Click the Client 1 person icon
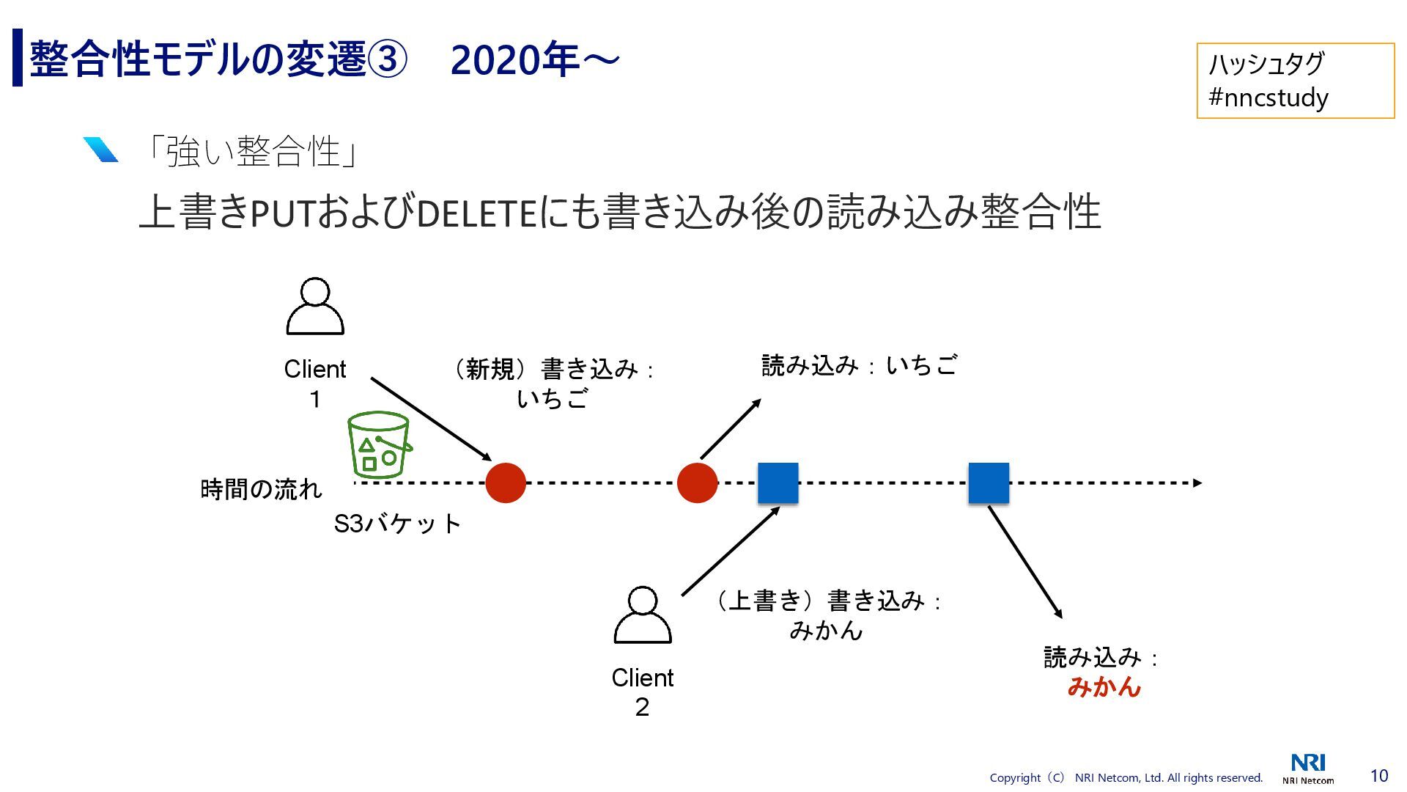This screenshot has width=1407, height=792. [x=315, y=307]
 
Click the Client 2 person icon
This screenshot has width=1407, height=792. [x=642, y=615]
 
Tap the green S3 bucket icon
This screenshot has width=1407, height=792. [x=378, y=444]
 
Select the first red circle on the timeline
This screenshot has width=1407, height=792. [x=506, y=483]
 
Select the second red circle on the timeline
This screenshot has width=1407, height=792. [x=697, y=483]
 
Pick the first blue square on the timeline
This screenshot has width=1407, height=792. [x=778, y=483]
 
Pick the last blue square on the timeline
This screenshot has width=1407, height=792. [x=989, y=483]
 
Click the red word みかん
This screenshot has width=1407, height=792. [x=1104, y=686]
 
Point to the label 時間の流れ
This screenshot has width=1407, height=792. [x=261, y=489]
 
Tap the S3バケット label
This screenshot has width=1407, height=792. [x=397, y=524]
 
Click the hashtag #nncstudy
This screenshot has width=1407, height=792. [x=1268, y=98]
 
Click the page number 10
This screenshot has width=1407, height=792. [x=1378, y=776]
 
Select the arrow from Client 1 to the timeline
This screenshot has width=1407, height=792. [x=431, y=419]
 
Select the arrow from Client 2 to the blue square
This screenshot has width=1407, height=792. [x=730, y=551]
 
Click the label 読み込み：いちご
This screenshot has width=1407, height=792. [x=859, y=365]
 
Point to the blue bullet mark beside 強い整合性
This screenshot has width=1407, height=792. [x=100, y=150]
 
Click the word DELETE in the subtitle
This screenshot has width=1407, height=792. [x=477, y=213]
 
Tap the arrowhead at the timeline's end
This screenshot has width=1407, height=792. [x=1197, y=483]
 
